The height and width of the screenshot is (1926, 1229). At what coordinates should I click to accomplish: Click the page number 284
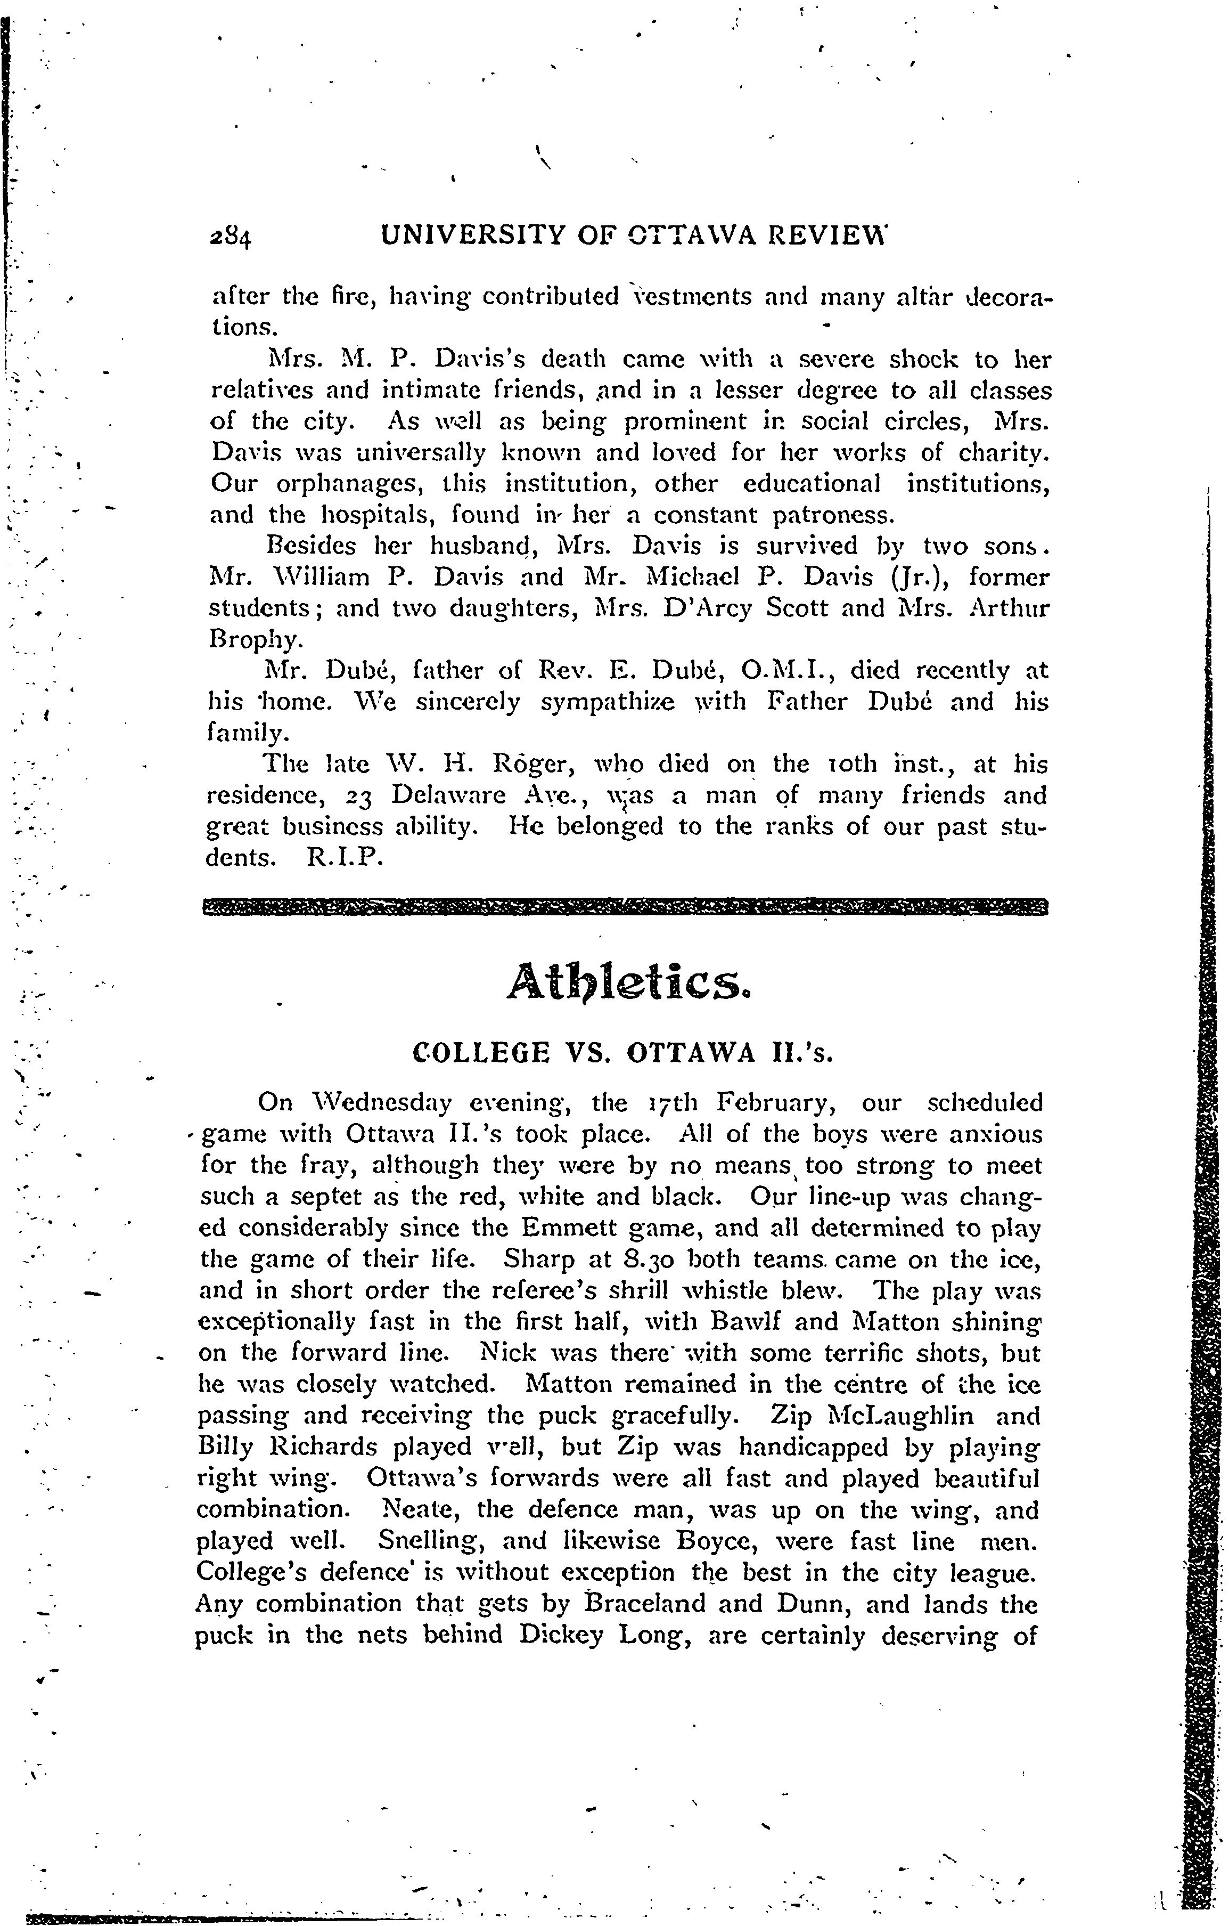(230, 238)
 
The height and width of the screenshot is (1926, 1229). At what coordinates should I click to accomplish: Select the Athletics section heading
(629, 982)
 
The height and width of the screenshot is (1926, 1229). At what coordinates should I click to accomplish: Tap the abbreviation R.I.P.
(346, 857)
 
